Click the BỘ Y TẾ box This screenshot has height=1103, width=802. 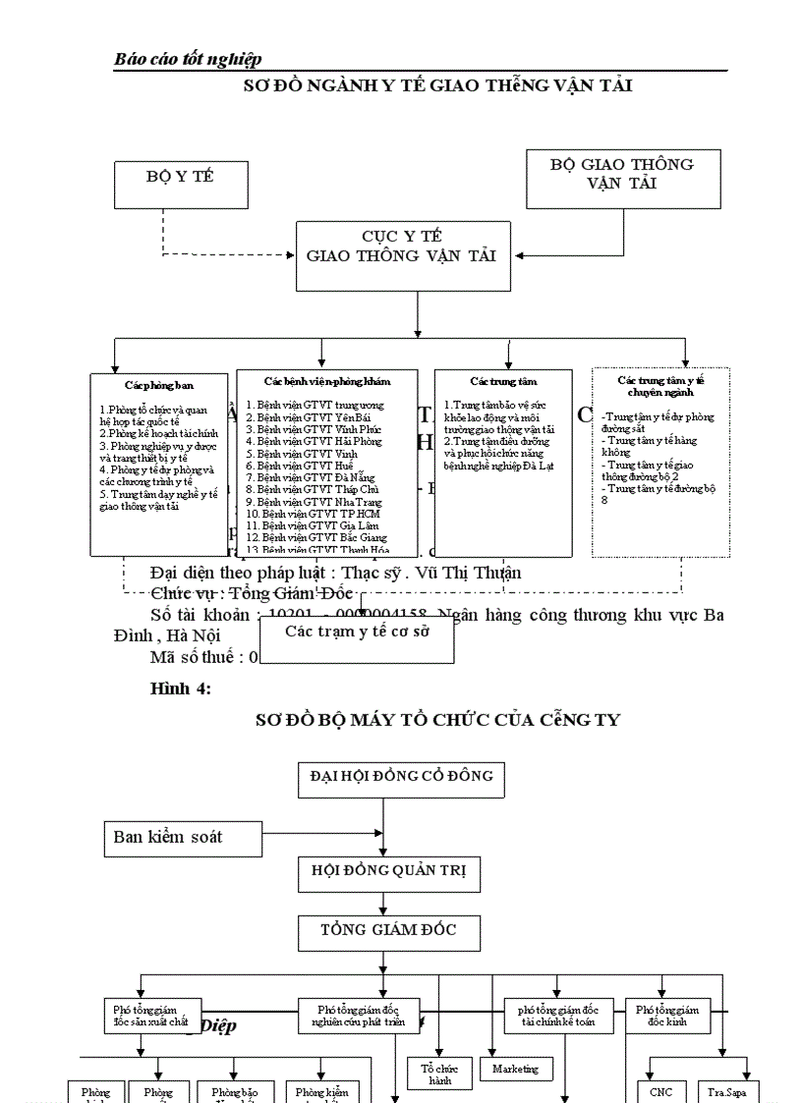(180, 185)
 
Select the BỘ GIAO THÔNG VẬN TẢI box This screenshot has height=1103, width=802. (623, 178)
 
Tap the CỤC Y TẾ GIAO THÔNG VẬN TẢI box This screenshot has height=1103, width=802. (402, 254)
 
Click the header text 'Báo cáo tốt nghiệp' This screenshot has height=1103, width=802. (188, 60)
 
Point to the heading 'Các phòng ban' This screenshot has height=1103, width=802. (152, 386)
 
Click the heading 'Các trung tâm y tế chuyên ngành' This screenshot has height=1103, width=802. (659, 385)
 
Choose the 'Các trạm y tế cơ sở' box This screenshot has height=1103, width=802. (358, 632)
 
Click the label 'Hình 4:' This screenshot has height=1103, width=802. (180, 689)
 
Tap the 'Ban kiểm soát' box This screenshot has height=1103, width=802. (183, 838)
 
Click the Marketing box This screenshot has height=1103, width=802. (516, 1069)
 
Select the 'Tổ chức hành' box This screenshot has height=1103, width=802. (439, 1073)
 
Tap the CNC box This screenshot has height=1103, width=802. (661, 1090)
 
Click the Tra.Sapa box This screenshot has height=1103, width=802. (727, 1090)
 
